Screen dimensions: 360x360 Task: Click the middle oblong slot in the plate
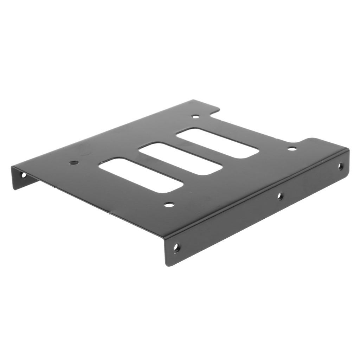point(181,158)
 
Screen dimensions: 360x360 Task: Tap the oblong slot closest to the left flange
point(141,175)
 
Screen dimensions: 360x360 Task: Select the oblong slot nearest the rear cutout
point(218,143)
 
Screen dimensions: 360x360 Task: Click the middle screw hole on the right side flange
point(280,196)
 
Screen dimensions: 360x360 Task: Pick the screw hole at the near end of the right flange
point(176,247)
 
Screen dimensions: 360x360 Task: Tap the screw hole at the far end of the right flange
point(340,166)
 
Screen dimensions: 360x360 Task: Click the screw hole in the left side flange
point(23,175)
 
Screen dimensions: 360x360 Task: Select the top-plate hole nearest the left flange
point(74,163)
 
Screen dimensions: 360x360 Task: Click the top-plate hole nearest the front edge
point(169,204)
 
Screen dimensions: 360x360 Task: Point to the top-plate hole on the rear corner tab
point(196,116)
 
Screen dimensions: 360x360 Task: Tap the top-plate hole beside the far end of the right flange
point(292,149)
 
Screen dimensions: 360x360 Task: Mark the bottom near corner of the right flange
point(167,264)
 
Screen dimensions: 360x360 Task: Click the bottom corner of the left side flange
point(14,189)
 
